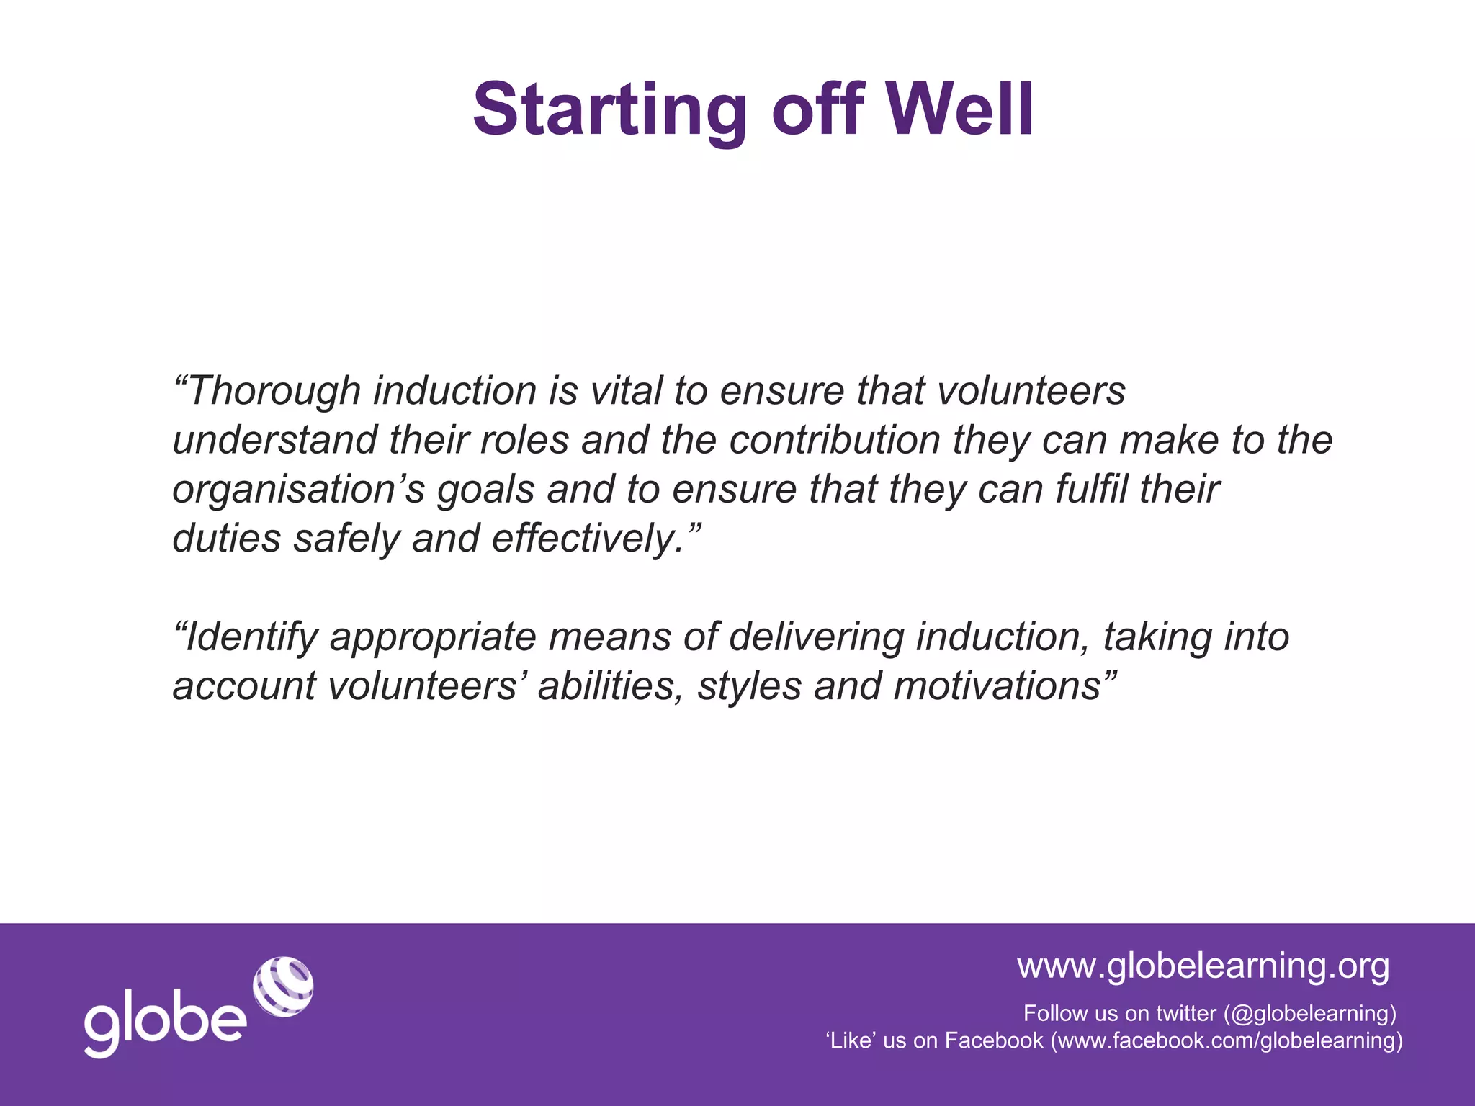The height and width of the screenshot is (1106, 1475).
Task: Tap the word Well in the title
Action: pyautogui.click(x=959, y=109)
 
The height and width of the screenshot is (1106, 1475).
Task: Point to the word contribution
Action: pyautogui.click(x=835, y=440)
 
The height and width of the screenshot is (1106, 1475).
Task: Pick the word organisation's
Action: pyautogui.click(x=298, y=490)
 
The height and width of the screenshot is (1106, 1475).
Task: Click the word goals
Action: pyautogui.click(x=485, y=490)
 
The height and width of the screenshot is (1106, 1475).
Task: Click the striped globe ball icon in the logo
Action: pyautogui.click(x=283, y=986)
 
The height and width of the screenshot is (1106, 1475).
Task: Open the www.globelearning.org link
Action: pyautogui.click(x=1203, y=966)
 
